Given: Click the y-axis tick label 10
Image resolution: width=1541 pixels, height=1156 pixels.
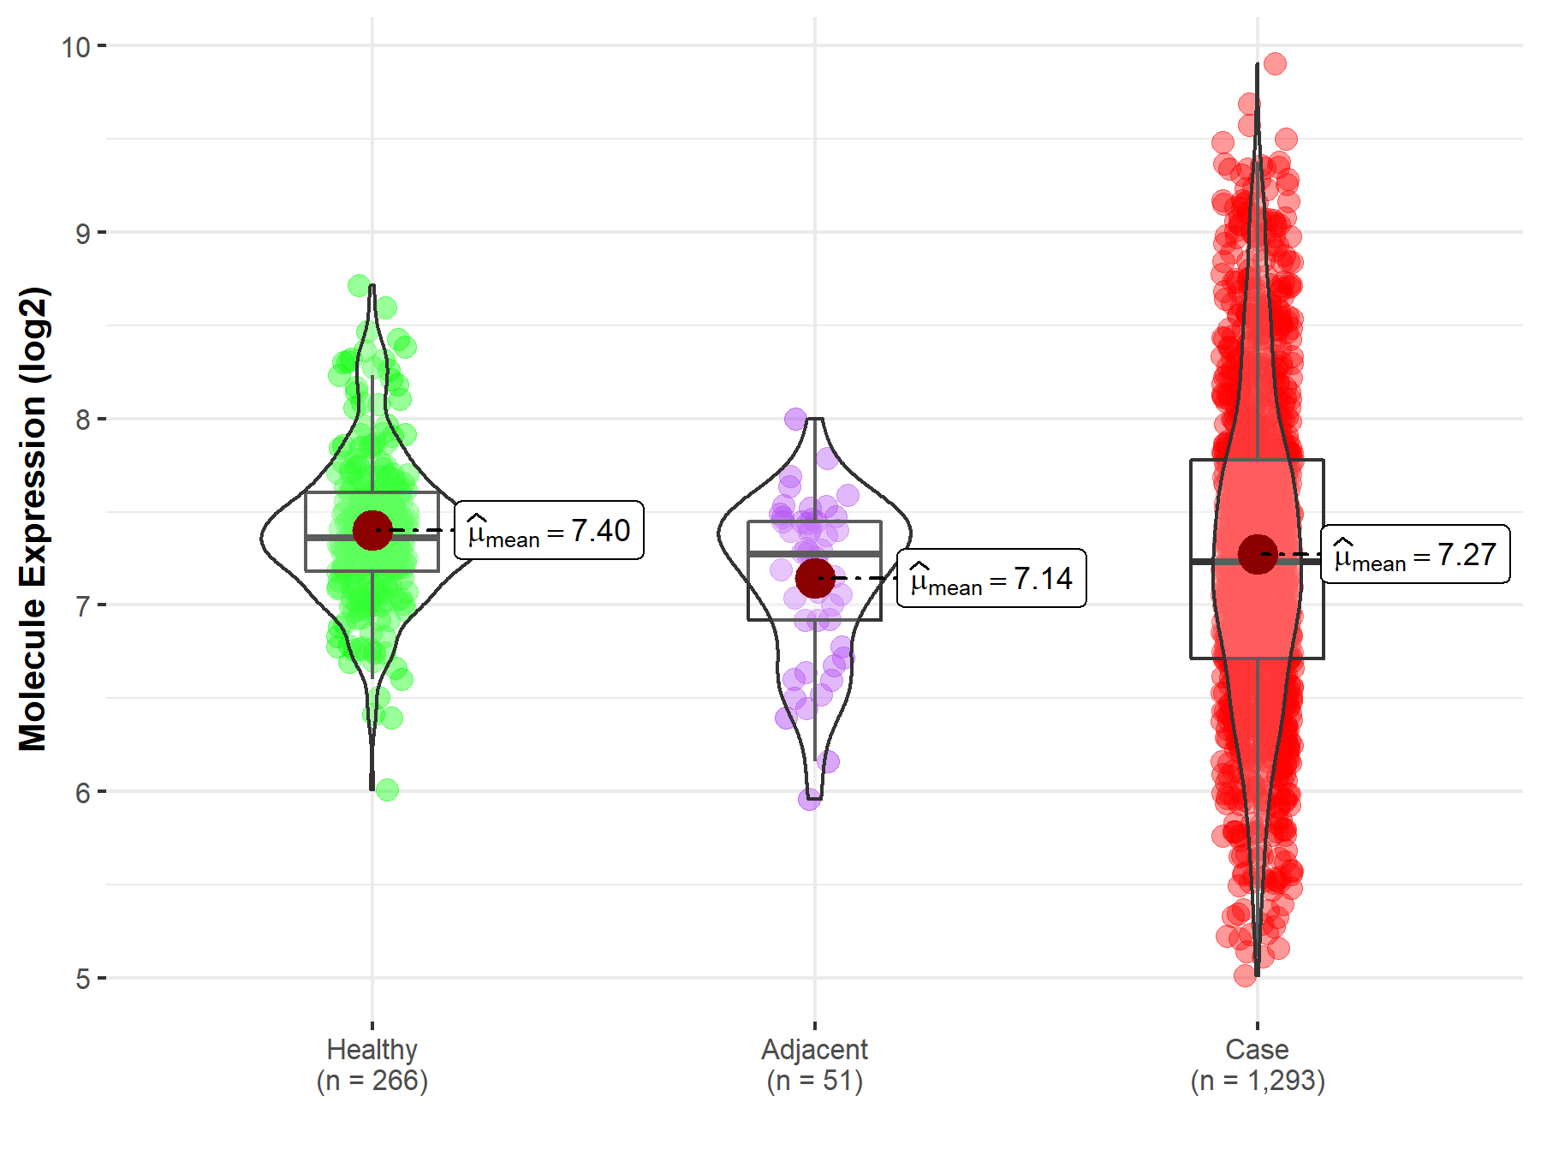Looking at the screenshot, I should pyautogui.click(x=75, y=46).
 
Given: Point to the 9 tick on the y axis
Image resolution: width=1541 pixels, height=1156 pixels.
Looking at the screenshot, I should pyautogui.click(x=82, y=233).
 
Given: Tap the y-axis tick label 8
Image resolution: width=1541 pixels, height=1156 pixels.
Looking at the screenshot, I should pyautogui.click(x=82, y=420).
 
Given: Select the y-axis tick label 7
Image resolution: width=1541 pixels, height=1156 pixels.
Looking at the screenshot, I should pyautogui.click(x=82, y=605).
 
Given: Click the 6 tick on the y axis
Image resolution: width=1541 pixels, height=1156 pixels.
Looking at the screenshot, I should pyautogui.click(x=82, y=792).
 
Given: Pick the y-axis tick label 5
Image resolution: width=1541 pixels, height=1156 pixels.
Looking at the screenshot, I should pyautogui.click(x=82, y=978).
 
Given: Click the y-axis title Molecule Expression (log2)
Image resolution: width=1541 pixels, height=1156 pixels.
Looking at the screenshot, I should pyautogui.click(x=33, y=518).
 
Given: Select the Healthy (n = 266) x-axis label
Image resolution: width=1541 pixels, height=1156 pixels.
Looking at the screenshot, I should pyautogui.click(x=372, y=1064).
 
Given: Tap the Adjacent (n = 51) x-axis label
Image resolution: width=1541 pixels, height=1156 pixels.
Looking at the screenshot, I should pyautogui.click(x=814, y=1064).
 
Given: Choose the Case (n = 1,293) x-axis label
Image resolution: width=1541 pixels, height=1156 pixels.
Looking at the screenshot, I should pyautogui.click(x=1257, y=1064).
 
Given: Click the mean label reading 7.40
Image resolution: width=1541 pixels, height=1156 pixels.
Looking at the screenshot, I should pyautogui.click(x=549, y=531).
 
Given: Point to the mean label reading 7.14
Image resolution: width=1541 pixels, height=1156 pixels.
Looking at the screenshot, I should pyautogui.click(x=991, y=579).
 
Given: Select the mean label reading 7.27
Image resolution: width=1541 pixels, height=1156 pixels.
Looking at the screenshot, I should pyautogui.click(x=1415, y=555).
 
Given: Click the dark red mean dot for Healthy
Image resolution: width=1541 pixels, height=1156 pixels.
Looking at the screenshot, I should pyautogui.click(x=372, y=531).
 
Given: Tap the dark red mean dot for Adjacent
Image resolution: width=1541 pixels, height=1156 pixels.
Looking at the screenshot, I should pyautogui.click(x=814, y=578).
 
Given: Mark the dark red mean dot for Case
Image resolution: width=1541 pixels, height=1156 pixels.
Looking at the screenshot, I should pyautogui.click(x=1257, y=554).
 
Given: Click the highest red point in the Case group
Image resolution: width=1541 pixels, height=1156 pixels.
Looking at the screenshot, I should pyautogui.click(x=1275, y=63).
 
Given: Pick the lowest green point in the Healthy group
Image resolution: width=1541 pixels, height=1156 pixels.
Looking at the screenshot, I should pyautogui.click(x=387, y=790).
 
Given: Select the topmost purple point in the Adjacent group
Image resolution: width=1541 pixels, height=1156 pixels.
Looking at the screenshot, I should pyautogui.click(x=795, y=419).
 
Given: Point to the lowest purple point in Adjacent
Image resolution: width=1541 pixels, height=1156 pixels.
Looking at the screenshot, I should pyautogui.click(x=809, y=800).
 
